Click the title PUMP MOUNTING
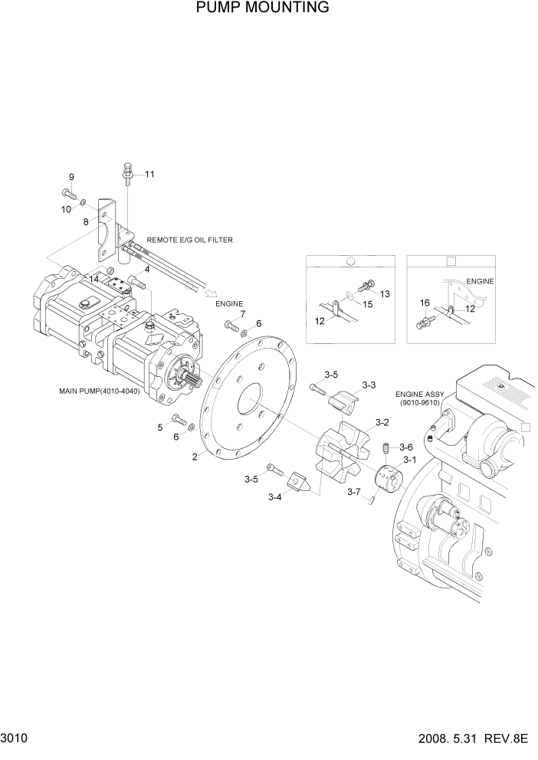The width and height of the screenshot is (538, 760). (x=262, y=8)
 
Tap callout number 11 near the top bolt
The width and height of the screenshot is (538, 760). (x=149, y=174)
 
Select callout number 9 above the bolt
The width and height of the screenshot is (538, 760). (x=71, y=178)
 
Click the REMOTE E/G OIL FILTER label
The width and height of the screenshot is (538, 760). (x=189, y=240)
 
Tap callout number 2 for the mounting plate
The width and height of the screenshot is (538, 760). (x=195, y=457)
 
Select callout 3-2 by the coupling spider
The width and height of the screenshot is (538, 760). (x=382, y=422)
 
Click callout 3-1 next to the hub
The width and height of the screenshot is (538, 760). (x=409, y=460)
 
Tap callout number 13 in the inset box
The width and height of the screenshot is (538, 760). (x=385, y=294)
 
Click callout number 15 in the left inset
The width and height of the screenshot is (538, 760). (x=367, y=304)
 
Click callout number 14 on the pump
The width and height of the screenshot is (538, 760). (x=93, y=279)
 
